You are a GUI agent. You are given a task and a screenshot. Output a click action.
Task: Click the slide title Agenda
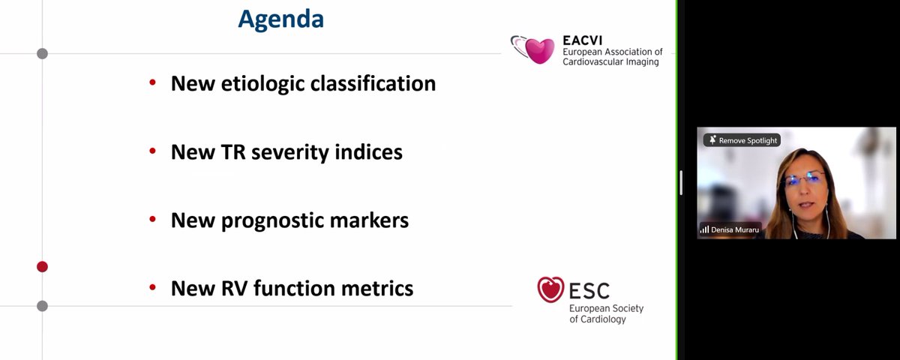click(x=280, y=19)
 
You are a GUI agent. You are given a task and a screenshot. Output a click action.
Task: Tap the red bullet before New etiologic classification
click(x=153, y=82)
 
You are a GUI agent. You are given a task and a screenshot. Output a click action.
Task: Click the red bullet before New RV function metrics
click(x=153, y=287)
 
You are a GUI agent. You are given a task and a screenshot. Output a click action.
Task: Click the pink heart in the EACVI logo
click(x=539, y=50)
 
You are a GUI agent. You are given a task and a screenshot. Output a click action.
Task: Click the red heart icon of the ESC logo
click(x=551, y=289)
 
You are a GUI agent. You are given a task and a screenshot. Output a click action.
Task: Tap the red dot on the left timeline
click(x=42, y=266)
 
